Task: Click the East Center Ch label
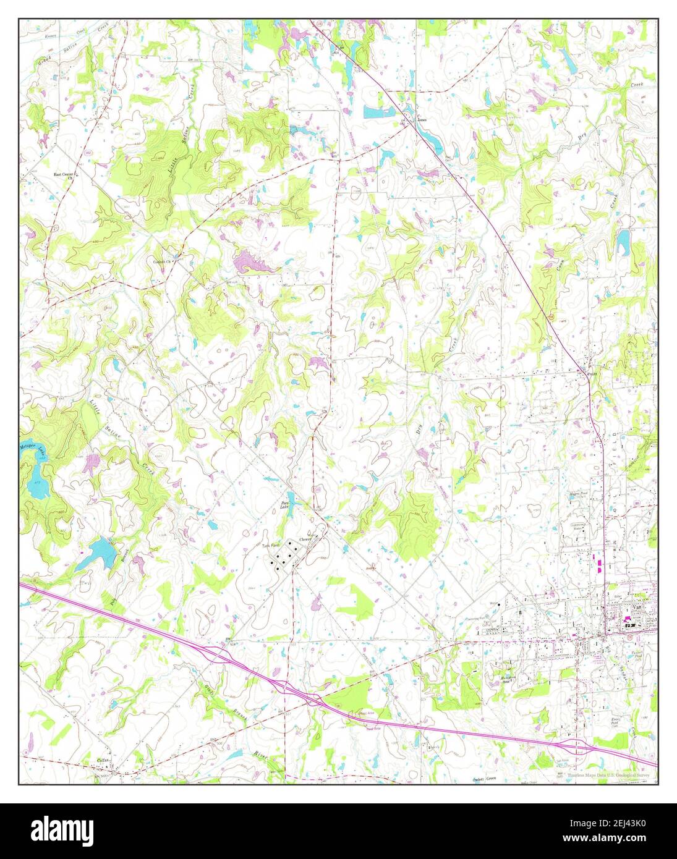point(64,175)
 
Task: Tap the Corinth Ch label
point(162,261)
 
